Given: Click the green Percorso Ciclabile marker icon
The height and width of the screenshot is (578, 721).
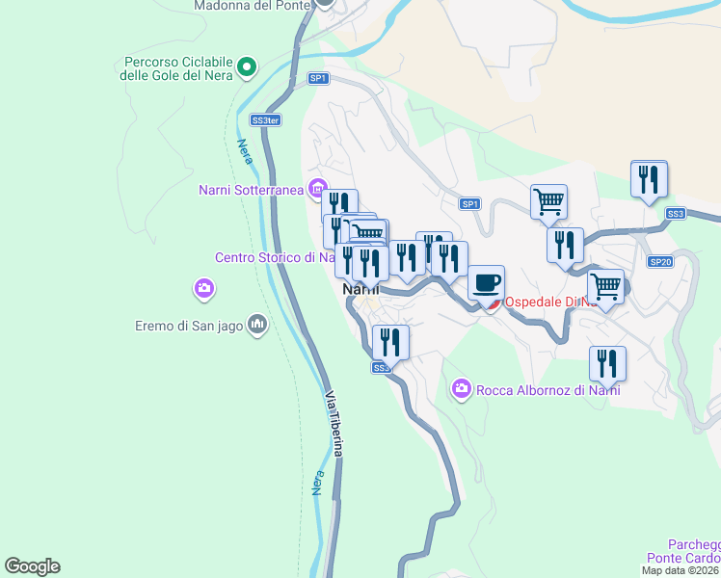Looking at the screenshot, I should click(247, 66).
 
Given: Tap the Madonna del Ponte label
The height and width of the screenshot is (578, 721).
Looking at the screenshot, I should click(254, 5).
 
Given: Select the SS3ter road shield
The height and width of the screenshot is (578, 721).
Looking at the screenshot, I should click(265, 120).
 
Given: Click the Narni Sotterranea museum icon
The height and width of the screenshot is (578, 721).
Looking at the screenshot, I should click(316, 189).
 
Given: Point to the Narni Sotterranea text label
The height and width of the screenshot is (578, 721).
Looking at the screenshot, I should click(251, 189).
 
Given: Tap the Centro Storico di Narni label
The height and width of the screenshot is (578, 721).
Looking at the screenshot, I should click(275, 257).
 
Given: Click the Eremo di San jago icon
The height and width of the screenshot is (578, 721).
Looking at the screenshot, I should click(256, 325).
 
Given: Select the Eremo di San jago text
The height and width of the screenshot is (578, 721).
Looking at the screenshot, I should click(189, 326).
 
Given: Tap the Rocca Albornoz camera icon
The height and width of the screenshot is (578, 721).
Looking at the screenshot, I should click(461, 388).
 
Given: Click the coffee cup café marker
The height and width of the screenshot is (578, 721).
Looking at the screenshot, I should click(487, 283).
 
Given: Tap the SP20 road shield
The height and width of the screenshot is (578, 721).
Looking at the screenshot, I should click(660, 262).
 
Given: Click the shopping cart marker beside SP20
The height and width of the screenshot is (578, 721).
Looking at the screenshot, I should click(605, 286).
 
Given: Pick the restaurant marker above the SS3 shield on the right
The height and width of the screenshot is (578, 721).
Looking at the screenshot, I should click(650, 179).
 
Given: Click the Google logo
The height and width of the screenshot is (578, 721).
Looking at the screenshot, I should click(32, 566).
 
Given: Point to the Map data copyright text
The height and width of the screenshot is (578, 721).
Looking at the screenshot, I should click(681, 570).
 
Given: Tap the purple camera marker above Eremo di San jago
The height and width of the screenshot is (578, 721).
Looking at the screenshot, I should click(203, 288).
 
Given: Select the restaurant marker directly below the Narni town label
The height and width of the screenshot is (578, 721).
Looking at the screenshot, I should click(390, 342).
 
